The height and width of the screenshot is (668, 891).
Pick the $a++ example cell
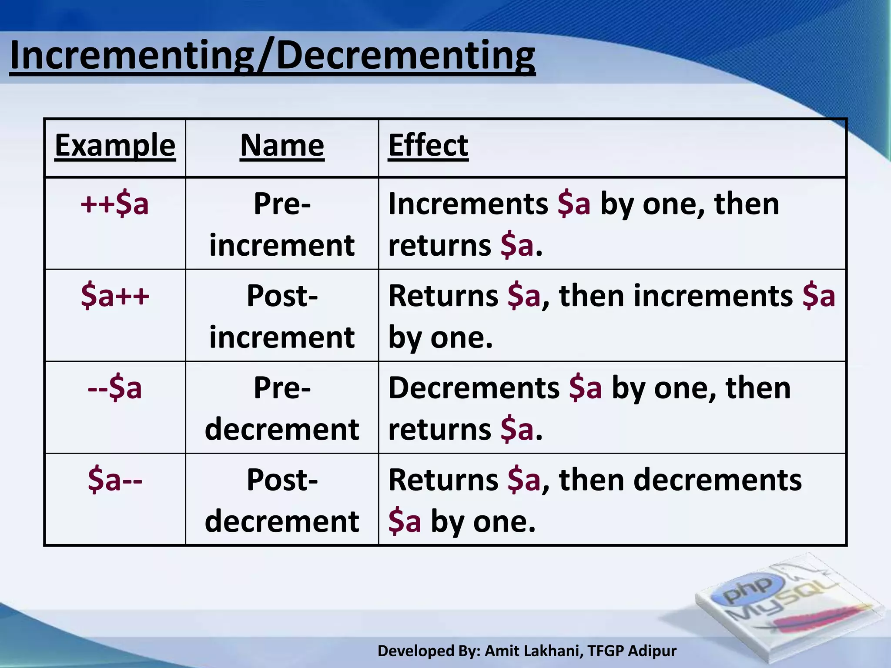[115, 296]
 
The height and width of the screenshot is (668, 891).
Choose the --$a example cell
[115, 388]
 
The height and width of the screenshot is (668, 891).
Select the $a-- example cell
[115, 480]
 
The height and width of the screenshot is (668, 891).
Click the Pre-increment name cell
[282, 224]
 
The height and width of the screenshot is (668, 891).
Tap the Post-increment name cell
[282, 316]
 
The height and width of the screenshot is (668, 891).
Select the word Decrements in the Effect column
[474, 388]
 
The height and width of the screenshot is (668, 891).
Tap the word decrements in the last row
[717, 480]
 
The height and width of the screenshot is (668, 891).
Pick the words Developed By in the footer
[429, 651]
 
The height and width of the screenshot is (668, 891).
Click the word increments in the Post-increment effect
[713, 296]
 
